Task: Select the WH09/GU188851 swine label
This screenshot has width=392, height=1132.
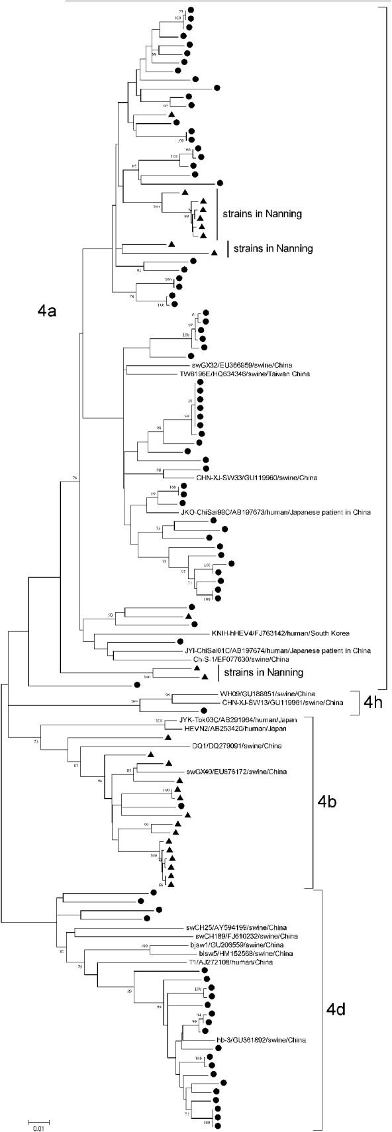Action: pyautogui.click(x=265, y=694)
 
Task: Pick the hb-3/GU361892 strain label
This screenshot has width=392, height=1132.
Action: pyautogui.click(x=252, y=1058)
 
